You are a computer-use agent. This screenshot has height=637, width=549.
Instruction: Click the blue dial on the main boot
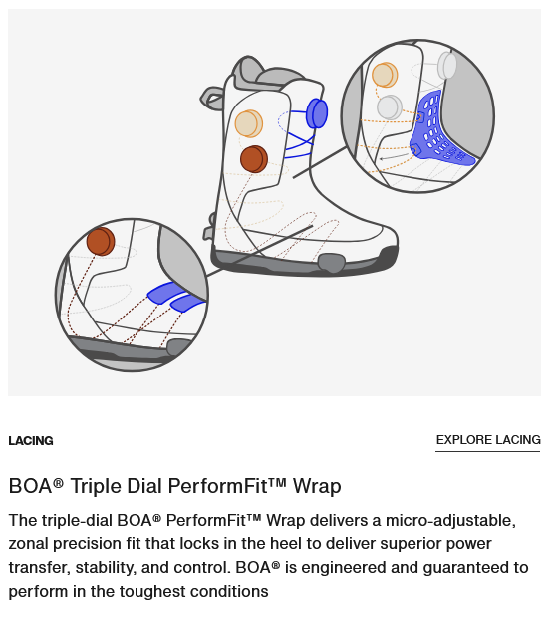point(317,113)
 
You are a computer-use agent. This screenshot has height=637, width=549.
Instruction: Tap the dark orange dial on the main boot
point(254,159)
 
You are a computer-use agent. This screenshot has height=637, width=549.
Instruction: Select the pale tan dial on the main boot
point(249,123)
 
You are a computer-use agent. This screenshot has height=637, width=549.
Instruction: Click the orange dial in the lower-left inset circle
point(101,241)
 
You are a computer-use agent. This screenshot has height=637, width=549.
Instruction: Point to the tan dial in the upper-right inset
point(385,75)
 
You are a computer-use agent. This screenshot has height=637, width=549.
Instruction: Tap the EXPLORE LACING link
point(488,440)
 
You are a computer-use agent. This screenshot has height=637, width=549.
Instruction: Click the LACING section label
point(31,441)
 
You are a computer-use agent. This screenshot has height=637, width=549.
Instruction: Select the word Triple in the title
point(96,486)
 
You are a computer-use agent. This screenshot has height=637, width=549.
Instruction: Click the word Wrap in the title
point(317,486)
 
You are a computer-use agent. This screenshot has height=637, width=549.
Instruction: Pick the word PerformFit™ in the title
point(227,486)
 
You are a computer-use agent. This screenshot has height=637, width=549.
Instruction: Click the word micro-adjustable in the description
point(450,521)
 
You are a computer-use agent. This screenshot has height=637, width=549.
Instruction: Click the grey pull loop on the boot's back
point(212,99)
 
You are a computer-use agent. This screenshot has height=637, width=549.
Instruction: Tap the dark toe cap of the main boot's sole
point(389,257)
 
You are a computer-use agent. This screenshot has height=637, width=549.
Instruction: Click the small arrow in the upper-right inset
point(394,156)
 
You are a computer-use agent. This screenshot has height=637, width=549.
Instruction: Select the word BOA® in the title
point(36,486)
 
